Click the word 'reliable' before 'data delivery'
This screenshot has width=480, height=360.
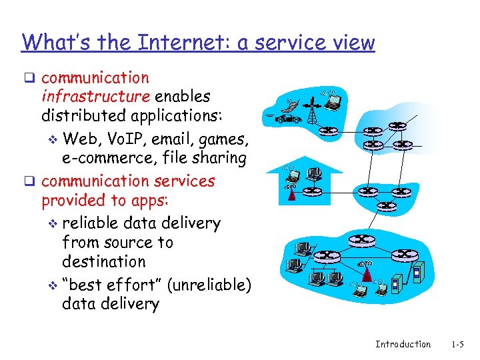91,223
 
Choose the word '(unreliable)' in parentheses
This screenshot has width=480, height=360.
209,285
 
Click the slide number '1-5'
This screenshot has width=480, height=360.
457,345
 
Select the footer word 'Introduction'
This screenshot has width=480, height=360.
403,345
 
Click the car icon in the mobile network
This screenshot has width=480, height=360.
287,119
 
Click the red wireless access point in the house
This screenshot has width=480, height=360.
290,193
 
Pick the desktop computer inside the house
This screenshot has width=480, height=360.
314,174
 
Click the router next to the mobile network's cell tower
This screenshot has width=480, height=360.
329,131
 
